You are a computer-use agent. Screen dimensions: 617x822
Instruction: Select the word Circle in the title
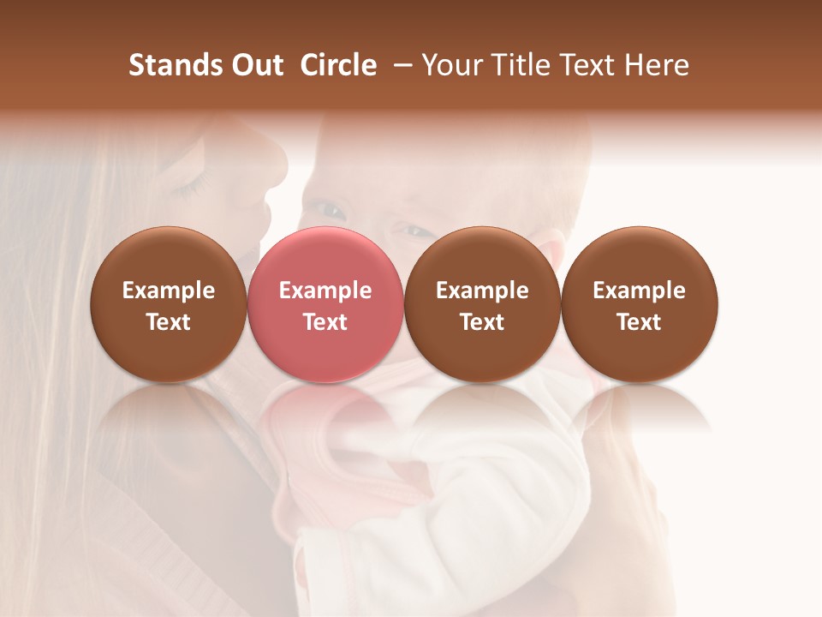coord(337,65)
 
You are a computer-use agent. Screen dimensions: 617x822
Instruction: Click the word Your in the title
coord(452,65)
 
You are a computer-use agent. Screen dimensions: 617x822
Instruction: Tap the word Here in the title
coord(658,65)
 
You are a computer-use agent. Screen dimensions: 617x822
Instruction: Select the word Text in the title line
coord(588,65)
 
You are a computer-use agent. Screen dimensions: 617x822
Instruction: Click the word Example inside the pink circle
coord(325,291)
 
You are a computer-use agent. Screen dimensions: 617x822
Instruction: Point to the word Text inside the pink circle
coord(325,322)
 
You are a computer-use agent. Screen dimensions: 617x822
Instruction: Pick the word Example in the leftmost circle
coord(169,291)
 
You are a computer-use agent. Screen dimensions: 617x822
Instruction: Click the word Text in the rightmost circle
coord(639,322)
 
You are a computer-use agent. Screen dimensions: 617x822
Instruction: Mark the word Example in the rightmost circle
coord(639,291)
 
